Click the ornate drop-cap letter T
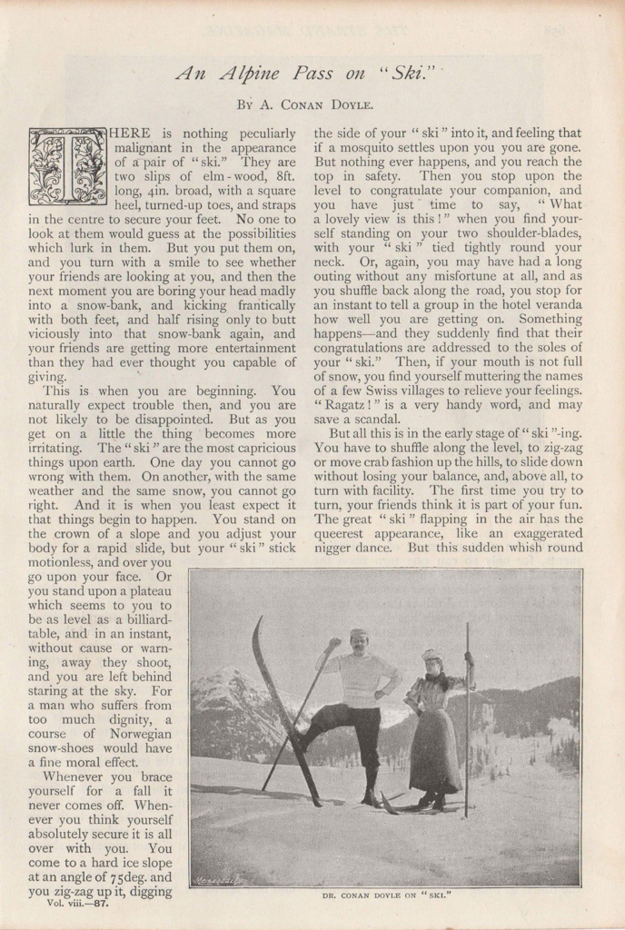click(68, 166)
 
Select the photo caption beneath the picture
click(386, 895)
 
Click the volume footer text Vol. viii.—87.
click(79, 903)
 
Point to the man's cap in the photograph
click(359, 633)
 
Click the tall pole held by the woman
click(467, 717)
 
